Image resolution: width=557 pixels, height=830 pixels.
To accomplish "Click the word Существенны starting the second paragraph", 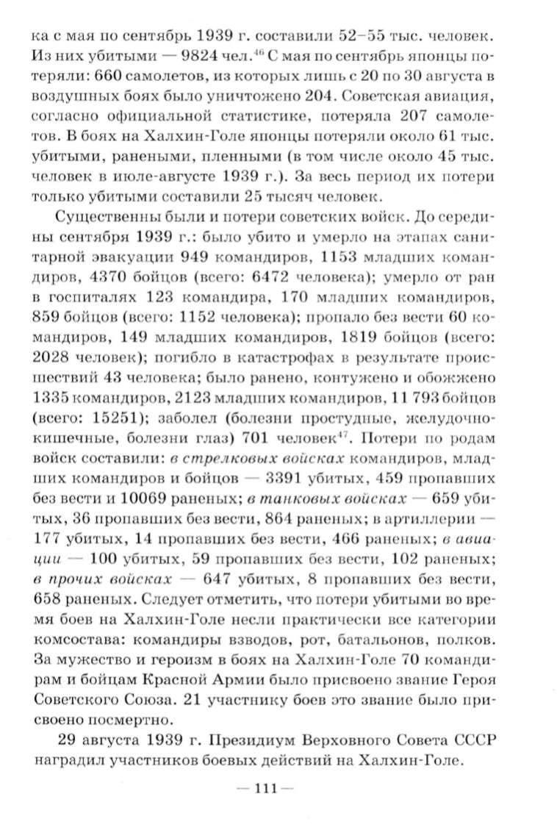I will tap(97, 218).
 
